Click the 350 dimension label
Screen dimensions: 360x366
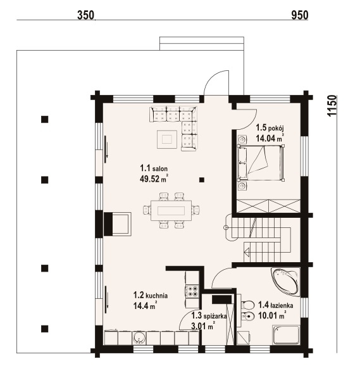click(85, 15)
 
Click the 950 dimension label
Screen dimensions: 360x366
click(300, 15)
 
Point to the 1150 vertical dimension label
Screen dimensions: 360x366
click(332, 106)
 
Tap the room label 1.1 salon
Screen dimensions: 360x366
click(154, 168)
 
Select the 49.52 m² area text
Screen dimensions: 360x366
click(154, 179)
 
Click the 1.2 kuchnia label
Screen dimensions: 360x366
click(151, 295)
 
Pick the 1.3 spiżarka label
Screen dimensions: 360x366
click(209, 316)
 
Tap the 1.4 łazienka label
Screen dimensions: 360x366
click(276, 305)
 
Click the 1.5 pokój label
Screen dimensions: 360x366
click(270, 128)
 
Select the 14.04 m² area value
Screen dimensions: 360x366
click(270, 138)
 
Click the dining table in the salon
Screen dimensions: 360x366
click(171, 210)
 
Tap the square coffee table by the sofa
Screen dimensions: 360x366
click(167, 139)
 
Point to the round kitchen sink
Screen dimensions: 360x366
click(139, 338)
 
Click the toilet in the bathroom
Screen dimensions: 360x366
click(247, 305)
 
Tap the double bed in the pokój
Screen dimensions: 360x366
click(261, 163)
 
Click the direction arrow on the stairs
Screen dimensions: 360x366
click(247, 252)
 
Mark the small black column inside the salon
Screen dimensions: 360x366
click(202, 180)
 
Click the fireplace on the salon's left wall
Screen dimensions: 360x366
click(118, 224)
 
